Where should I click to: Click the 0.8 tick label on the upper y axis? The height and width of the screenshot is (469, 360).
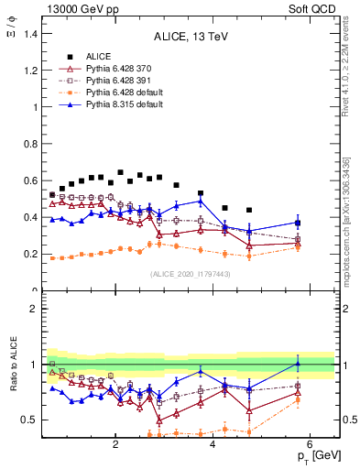31,144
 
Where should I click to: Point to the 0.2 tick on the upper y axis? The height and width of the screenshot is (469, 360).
31,254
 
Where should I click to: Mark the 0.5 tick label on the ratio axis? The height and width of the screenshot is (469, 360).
31,420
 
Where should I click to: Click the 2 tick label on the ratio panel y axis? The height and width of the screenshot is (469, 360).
35,309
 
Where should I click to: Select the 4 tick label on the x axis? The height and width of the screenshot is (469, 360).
213,445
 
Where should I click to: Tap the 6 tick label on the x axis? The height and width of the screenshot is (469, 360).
310,445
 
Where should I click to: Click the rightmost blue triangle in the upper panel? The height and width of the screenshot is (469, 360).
297,222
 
